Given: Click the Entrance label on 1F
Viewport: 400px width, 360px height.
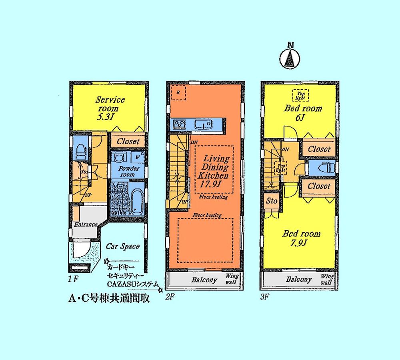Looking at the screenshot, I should (x=86, y=224).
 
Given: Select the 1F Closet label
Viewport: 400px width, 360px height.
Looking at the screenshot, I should (x=128, y=141).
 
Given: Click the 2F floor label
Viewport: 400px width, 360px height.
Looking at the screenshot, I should (x=170, y=298).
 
